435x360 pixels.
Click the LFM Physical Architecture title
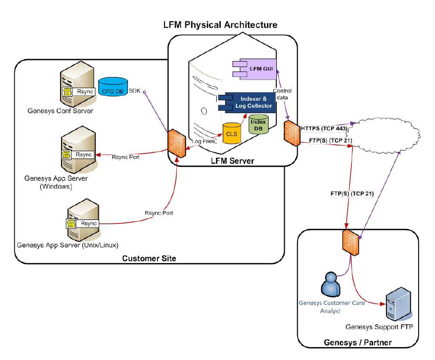click(220, 24)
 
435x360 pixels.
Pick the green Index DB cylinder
click(258, 125)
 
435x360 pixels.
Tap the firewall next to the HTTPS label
click(290, 133)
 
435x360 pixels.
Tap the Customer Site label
click(149, 258)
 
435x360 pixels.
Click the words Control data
click(282, 94)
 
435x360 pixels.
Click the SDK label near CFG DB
click(134, 91)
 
